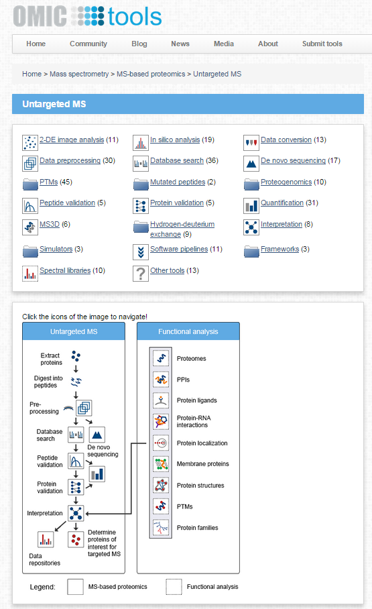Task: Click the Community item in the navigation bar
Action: click(x=88, y=44)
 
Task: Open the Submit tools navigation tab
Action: click(x=322, y=44)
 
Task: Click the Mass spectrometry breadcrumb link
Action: click(x=79, y=74)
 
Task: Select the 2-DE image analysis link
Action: click(x=72, y=140)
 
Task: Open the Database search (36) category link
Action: click(x=177, y=161)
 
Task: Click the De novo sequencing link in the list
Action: click(x=293, y=161)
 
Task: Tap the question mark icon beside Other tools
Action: click(x=141, y=273)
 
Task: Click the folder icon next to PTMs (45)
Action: click(x=30, y=183)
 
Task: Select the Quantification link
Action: click(x=282, y=203)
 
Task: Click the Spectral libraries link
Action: click(x=64, y=271)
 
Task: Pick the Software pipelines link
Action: click(x=177, y=250)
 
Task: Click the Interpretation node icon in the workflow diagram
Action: click(x=75, y=513)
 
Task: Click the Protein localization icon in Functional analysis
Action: click(x=160, y=443)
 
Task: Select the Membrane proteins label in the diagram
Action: click(x=203, y=464)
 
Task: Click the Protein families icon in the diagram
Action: click(x=160, y=527)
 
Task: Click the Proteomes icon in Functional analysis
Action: click(x=160, y=359)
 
